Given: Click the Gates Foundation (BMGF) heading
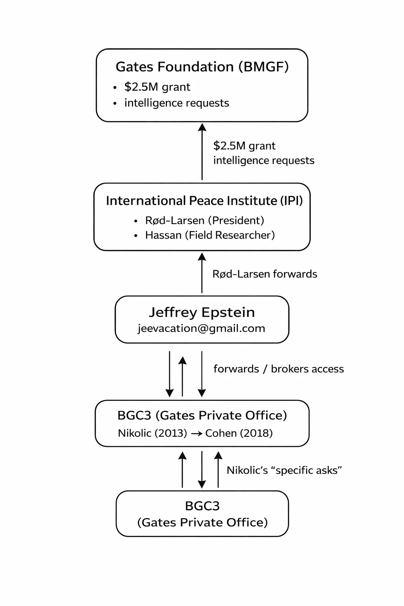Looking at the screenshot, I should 202,67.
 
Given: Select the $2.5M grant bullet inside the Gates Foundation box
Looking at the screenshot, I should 157,87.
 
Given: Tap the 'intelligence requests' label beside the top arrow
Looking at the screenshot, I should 264,161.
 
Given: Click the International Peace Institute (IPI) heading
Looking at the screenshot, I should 204,201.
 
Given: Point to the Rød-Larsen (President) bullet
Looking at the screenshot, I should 204,220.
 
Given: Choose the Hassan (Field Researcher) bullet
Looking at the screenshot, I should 210,235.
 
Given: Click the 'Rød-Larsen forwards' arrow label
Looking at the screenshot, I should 265,274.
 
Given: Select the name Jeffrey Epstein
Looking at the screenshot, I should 202,312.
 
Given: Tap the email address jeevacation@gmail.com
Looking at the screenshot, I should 201,328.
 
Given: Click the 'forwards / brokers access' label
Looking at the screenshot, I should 279,369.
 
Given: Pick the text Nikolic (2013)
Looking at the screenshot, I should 152,433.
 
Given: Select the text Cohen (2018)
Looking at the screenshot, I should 239,433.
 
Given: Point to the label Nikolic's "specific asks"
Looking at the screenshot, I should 284,470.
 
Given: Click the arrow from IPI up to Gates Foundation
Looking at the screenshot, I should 202,152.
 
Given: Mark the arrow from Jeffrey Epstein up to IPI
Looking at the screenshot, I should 202,273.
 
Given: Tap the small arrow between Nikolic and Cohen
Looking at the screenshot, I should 196,434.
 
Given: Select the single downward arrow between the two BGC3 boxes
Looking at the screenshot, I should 202,469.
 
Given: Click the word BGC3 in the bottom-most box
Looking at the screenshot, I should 202,506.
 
